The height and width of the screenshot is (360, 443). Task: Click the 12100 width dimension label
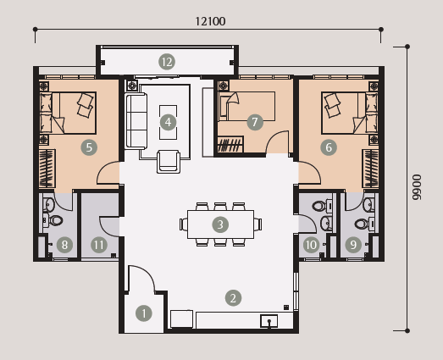coord(210,21)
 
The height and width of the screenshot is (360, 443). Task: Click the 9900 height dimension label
coord(417,187)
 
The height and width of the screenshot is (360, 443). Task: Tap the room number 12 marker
coord(167,62)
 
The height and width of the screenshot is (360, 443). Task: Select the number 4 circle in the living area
coord(168,122)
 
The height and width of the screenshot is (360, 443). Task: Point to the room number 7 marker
coord(255,122)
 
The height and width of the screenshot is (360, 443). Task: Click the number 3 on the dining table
coord(220,224)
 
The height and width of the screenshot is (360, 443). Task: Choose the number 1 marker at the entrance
coord(144,313)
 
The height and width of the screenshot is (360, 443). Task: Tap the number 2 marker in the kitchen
coord(233,298)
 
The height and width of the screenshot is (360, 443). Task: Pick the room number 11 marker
coord(99,245)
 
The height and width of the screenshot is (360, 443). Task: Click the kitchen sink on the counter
coord(269,321)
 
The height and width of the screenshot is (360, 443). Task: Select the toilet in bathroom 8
coord(55,220)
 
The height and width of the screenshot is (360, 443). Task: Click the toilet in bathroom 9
coord(362,224)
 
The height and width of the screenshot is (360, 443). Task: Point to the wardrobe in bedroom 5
coord(47,169)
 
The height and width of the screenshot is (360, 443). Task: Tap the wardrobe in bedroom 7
coord(230,144)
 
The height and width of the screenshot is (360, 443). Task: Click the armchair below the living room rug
coord(169,161)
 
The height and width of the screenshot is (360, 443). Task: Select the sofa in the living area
coord(136,121)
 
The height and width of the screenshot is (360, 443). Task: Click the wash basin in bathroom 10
coord(326,223)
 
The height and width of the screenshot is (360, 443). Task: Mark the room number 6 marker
coord(329,147)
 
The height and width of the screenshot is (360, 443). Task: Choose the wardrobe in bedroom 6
coord(370,169)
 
